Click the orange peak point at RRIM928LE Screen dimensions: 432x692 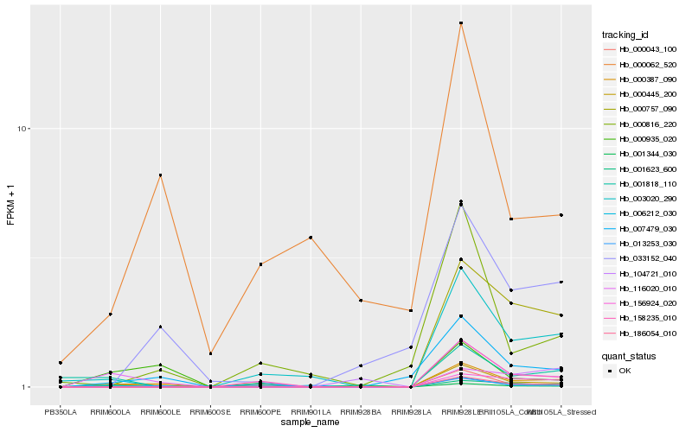(x=461, y=23)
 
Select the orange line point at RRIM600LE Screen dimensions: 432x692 (x=160, y=175)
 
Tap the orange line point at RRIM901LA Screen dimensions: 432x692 (x=311, y=238)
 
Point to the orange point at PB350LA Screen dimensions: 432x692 (x=61, y=362)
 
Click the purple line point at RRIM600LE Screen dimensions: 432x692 (x=160, y=327)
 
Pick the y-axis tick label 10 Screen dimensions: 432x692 (x=23, y=129)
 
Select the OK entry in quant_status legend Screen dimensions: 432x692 (x=625, y=370)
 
